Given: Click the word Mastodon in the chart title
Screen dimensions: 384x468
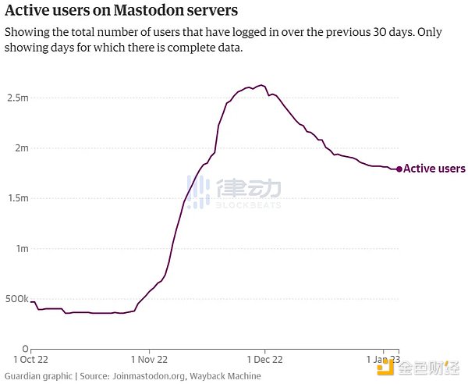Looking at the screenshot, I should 149,12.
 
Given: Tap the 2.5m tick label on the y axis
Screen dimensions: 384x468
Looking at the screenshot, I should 18,98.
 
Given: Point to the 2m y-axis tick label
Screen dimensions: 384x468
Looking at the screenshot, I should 22,148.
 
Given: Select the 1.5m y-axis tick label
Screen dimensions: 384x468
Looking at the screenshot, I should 18,198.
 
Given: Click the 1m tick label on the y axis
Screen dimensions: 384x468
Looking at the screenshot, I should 22,248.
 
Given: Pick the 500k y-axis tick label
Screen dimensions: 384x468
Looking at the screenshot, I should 16,299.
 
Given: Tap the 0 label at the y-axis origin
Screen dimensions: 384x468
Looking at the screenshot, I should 26,349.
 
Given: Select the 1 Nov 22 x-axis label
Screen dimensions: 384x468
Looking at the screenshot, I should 148,361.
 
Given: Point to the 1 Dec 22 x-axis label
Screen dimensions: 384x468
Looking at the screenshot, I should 264,361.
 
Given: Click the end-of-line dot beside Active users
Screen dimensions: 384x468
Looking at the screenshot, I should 399,169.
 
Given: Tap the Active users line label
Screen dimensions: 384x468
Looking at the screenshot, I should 434,169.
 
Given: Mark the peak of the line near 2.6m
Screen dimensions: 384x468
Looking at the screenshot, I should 261,85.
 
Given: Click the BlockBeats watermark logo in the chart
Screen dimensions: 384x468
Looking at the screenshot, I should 234,190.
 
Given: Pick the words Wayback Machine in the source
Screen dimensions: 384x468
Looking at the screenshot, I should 226,376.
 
